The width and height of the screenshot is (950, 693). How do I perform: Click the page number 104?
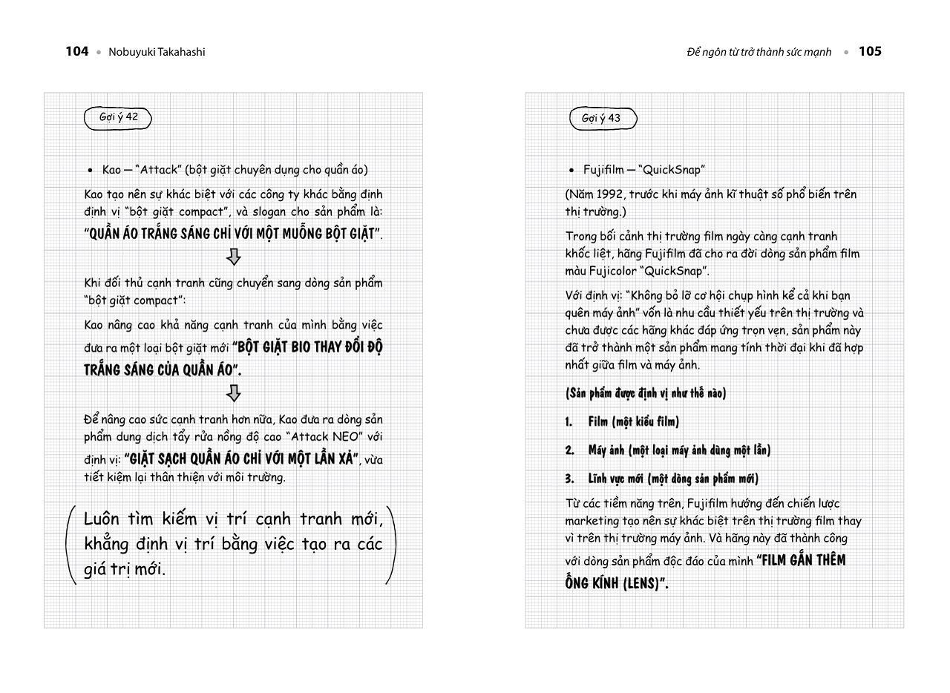(76, 51)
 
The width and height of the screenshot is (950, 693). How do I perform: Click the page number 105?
(870, 51)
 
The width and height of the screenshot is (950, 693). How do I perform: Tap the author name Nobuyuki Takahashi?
(157, 52)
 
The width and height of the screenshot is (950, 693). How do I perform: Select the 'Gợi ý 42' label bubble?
(118, 117)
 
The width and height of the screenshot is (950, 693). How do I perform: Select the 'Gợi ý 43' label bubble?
(602, 119)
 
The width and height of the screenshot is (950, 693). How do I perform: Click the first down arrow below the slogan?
(234, 257)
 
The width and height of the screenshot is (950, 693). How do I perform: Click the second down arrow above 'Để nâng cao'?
(234, 393)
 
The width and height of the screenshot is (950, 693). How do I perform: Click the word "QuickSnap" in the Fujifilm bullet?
(673, 170)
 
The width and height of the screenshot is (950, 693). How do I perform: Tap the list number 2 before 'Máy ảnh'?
(569, 450)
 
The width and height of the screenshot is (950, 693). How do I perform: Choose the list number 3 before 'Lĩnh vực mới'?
(569, 479)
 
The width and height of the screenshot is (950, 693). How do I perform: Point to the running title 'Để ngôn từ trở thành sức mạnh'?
(759, 52)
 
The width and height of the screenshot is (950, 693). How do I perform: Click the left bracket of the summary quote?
(71, 545)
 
